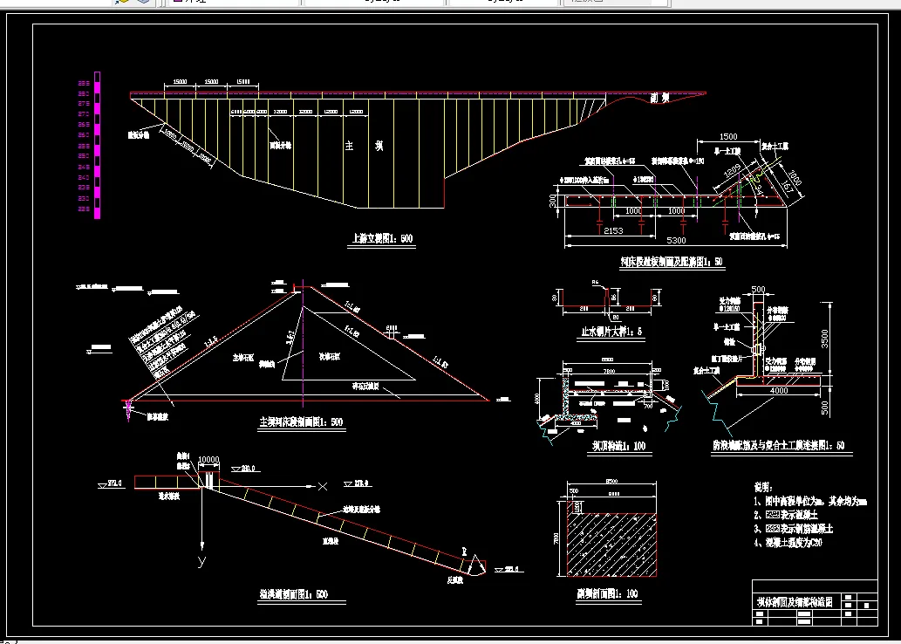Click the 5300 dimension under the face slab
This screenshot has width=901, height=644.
pos(676,240)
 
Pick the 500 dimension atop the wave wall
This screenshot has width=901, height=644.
pos(758,290)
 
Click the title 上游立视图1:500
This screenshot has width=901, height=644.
pos(380,237)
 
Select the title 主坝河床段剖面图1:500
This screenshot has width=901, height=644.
pos(301,422)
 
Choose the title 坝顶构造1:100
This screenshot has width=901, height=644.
pos(618,446)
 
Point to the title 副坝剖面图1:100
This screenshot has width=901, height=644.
pos(611,593)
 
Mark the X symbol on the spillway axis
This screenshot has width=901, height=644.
pos(323,485)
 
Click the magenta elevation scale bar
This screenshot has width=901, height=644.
pos(97,145)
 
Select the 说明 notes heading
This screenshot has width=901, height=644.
pos(761,486)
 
